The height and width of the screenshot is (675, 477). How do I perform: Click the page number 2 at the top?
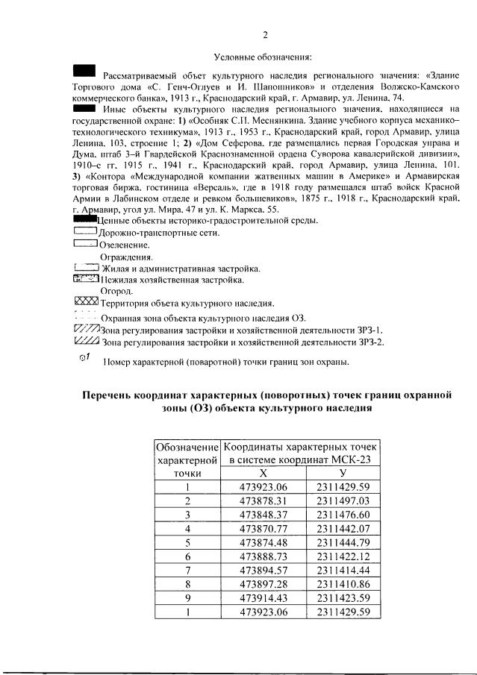(x=265, y=35)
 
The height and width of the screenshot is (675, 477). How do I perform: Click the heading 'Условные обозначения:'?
(x=262, y=57)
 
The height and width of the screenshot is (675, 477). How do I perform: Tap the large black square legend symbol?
(x=84, y=71)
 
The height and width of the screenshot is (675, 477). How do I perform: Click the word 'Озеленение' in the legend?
(x=124, y=245)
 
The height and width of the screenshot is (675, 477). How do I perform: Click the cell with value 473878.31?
(x=263, y=500)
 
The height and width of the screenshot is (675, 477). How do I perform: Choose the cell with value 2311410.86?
(x=343, y=582)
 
